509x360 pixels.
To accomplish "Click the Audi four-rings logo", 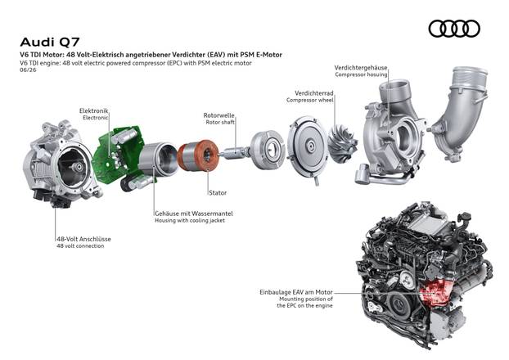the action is pyautogui.click(x=454, y=29).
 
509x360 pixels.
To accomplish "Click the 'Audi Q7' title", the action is pyautogui.click(x=50, y=43).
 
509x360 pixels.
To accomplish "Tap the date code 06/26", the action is pyautogui.click(x=28, y=70).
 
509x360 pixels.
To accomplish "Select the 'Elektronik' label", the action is pyautogui.click(x=94, y=110).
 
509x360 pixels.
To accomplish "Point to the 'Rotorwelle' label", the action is pyautogui.click(x=218, y=115).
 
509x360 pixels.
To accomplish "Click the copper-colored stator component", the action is pyautogui.click(x=198, y=155).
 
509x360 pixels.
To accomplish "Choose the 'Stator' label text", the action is pyautogui.click(x=218, y=193).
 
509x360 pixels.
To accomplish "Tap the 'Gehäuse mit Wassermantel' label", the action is pyautogui.click(x=194, y=214).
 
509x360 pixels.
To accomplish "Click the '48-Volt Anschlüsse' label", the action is pyautogui.click(x=83, y=239).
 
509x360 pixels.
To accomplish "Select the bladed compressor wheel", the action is pyautogui.click(x=343, y=143).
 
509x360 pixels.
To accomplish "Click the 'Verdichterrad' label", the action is pyautogui.click(x=314, y=93).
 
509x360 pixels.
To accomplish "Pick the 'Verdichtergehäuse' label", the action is pyautogui.click(x=361, y=68).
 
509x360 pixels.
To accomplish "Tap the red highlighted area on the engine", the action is pyautogui.click(x=435, y=291).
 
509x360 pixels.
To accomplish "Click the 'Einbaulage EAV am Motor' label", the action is pyautogui.click(x=296, y=292).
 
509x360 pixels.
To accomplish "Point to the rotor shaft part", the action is pyautogui.click(x=234, y=152).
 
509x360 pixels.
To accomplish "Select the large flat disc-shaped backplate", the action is pyautogui.click(x=307, y=147).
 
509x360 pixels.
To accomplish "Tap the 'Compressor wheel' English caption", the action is pyautogui.click(x=309, y=100).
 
